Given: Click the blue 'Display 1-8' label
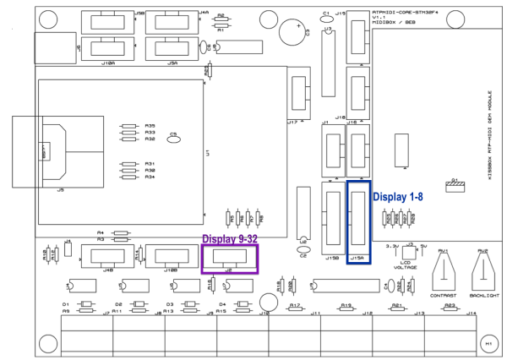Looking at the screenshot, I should coord(398,195).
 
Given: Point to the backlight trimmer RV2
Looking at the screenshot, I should coord(482,275).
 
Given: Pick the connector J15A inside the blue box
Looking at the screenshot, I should coord(358,222).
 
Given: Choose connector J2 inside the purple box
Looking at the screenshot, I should coord(229,256).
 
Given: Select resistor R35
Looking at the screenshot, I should coord(128,127).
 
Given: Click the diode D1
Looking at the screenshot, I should coord(85,308).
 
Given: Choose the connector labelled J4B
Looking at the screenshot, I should coord(108,257).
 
